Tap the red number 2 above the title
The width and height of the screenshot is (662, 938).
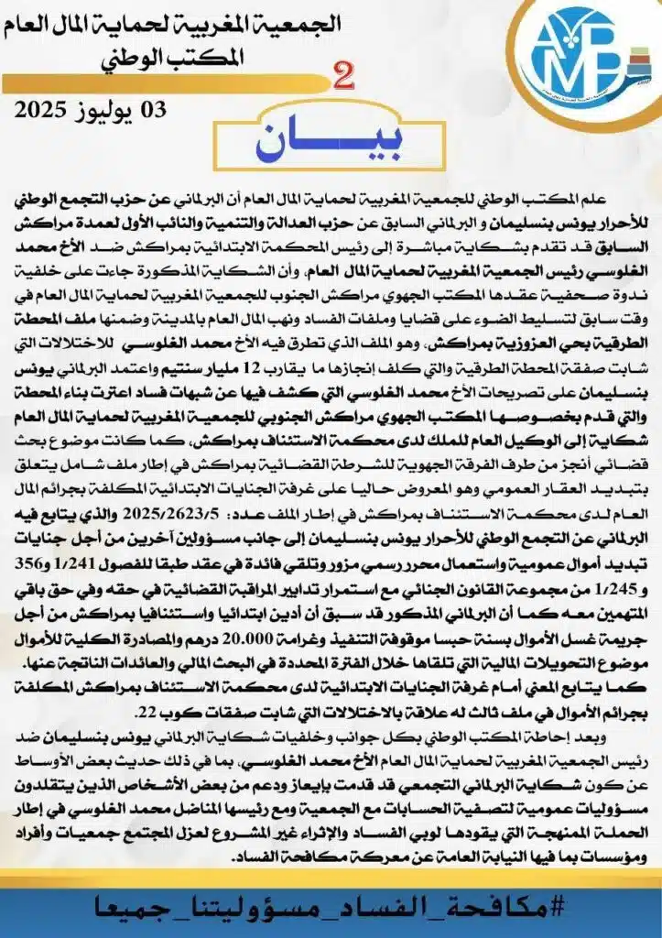[345, 79]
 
